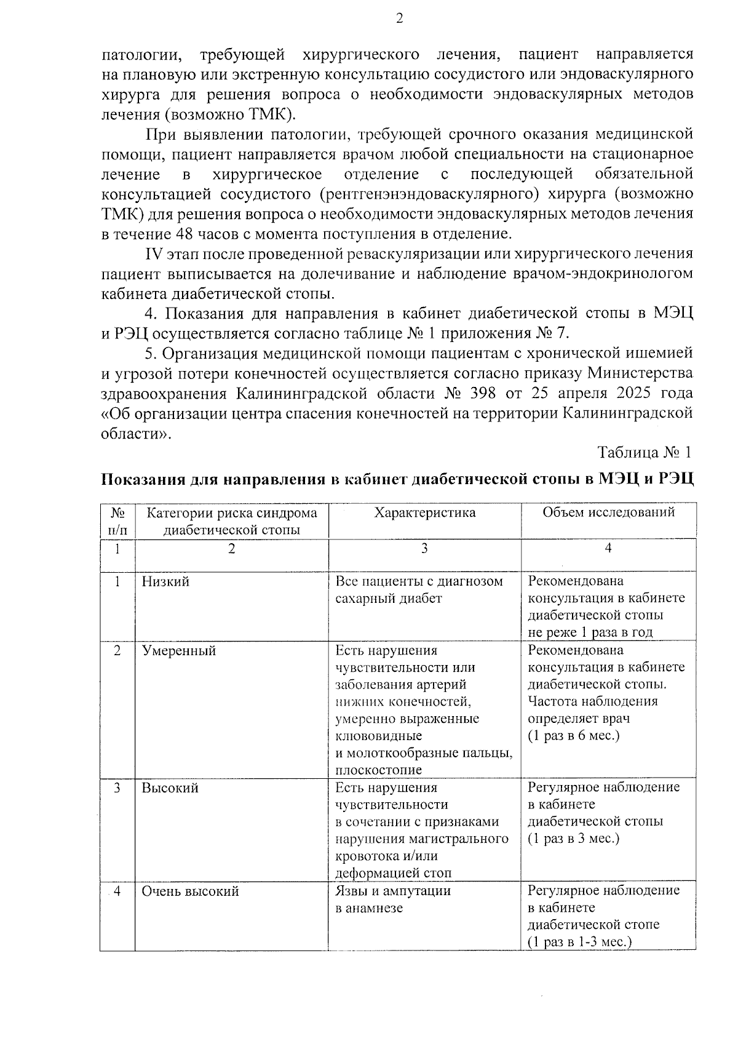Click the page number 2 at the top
399,19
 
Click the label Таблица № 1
645,452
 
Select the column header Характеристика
424,512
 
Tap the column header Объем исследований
608,512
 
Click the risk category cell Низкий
165,581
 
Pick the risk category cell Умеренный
179,650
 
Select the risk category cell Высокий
170,788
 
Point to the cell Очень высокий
190,891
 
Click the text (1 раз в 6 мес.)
573,736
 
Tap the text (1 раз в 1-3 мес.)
580,942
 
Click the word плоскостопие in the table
378,770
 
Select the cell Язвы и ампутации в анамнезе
392,899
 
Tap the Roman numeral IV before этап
153,253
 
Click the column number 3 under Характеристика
424,549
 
